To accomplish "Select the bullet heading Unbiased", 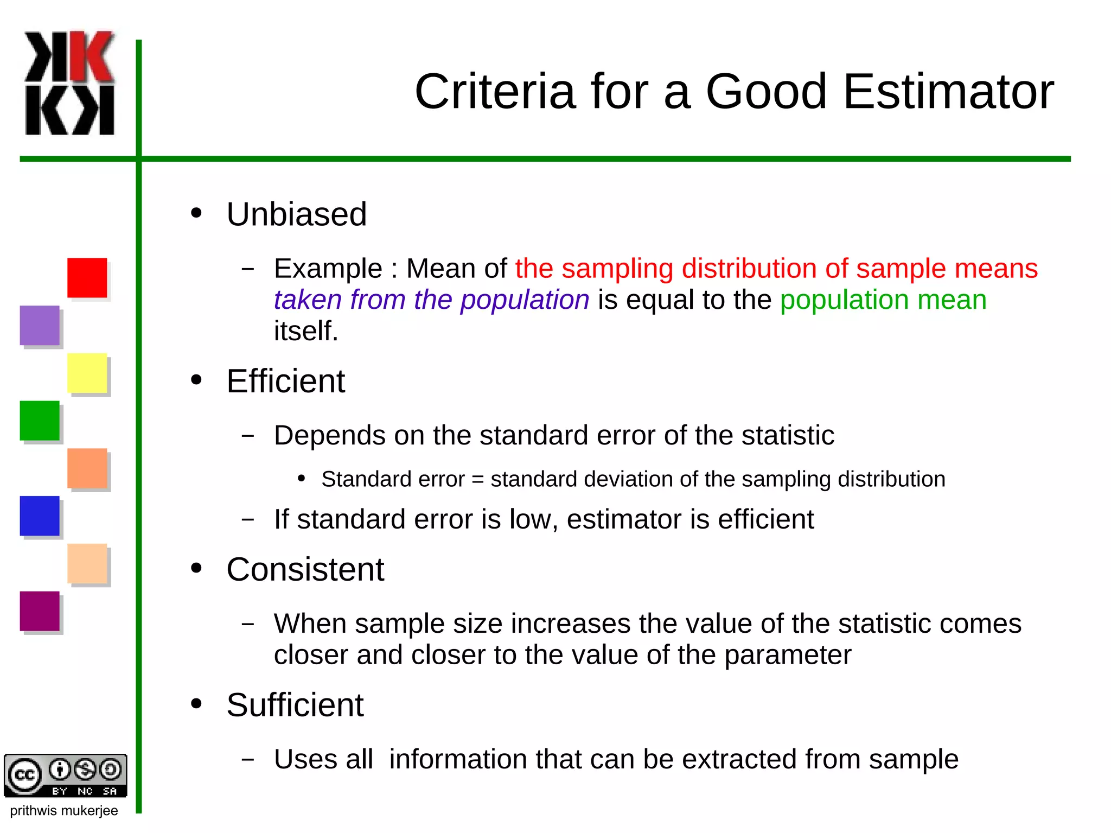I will [296, 214].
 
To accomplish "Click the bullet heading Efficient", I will [285, 381].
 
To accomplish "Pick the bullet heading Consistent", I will [305, 569].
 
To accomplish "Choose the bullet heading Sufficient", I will [295, 705].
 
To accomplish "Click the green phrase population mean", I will [883, 300].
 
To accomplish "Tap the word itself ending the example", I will [305, 331].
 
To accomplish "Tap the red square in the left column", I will [87, 278].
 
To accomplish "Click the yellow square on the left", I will [87, 373].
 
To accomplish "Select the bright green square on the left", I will [40, 421].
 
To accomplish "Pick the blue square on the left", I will [40, 516].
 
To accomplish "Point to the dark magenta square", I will [40, 611].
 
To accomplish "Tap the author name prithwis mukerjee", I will [63, 811].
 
